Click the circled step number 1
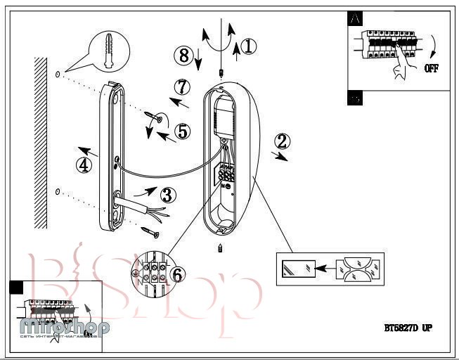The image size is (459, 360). click(x=249, y=46)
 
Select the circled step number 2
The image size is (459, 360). click(x=282, y=140)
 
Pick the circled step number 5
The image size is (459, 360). click(x=182, y=131)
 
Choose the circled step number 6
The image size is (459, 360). click(x=179, y=275)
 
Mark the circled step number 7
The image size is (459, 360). click(x=182, y=88)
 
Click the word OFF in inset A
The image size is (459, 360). click(x=432, y=69)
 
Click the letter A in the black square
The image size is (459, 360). click(x=355, y=20)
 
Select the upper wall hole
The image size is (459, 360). click(x=56, y=74)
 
